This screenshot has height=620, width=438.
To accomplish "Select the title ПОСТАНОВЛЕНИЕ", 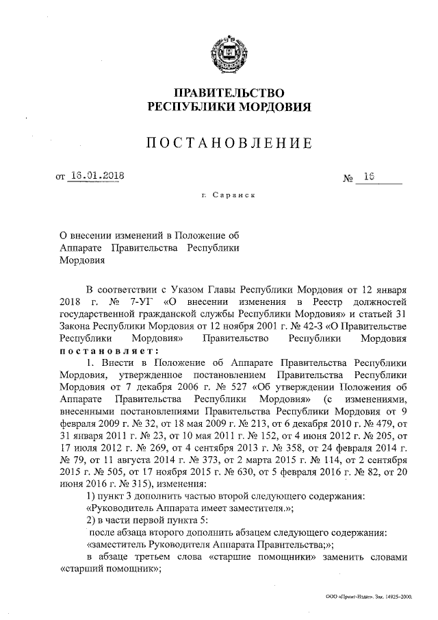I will (230, 143).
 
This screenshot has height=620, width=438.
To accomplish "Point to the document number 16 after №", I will (370, 177).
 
